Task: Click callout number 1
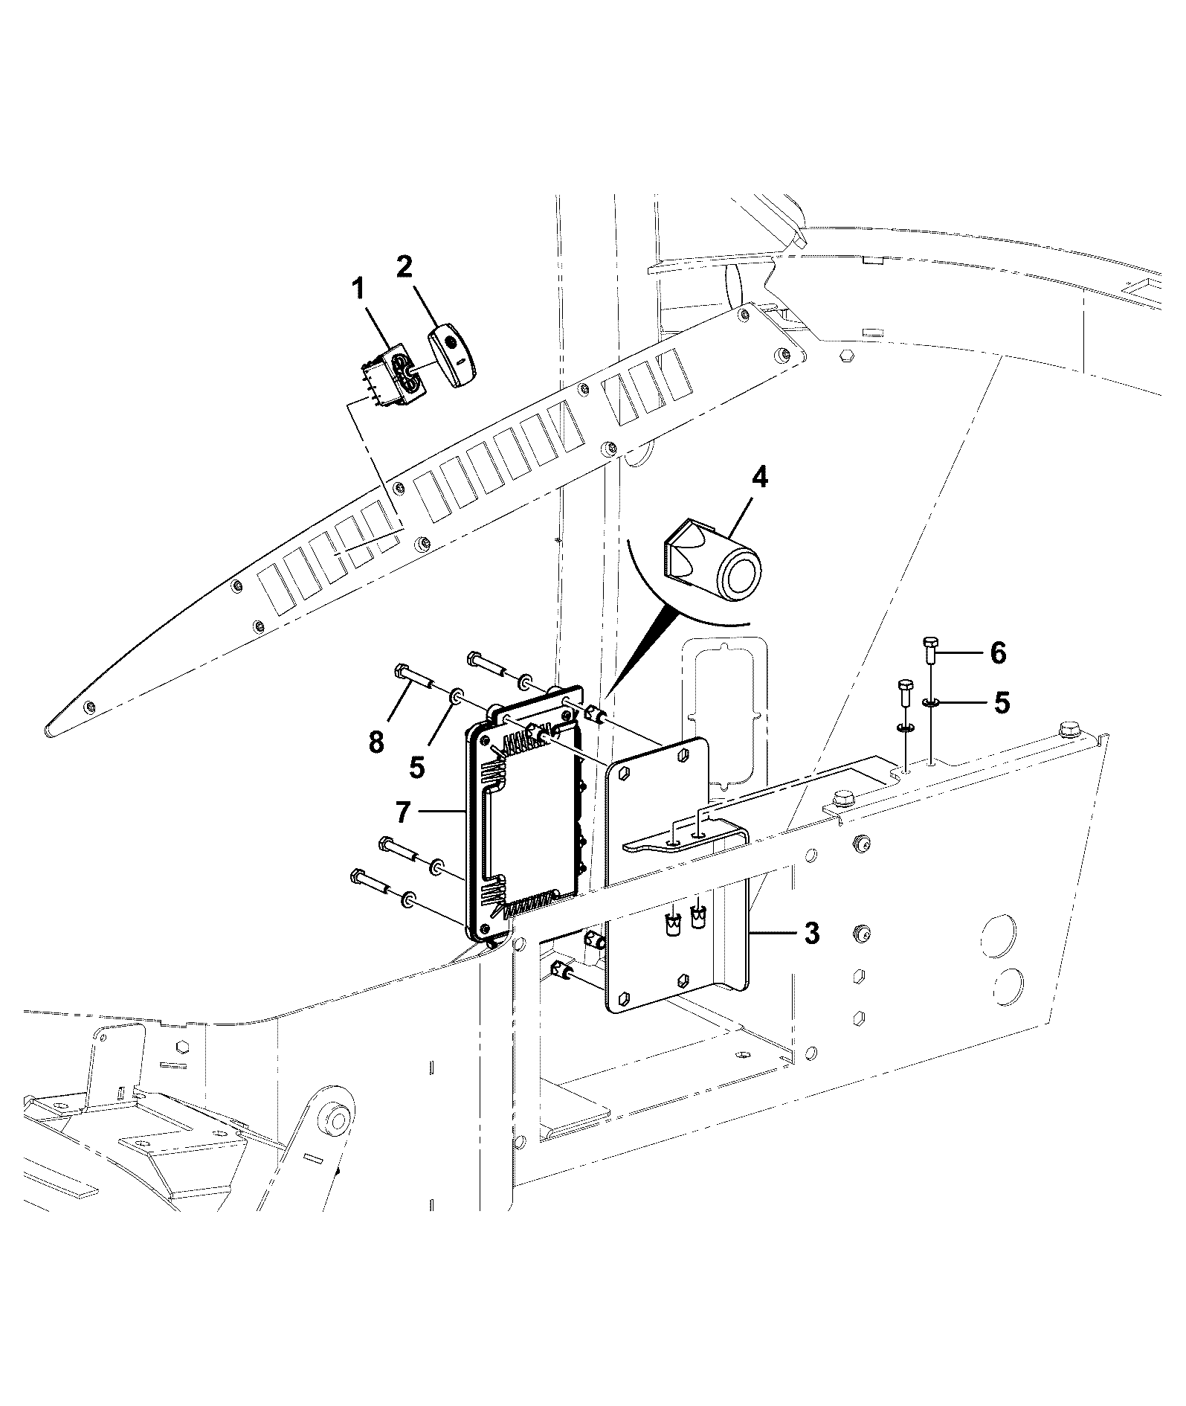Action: (x=358, y=289)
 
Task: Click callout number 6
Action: (x=997, y=653)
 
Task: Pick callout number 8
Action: (x=376, y=741)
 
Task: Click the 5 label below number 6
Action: (x=1002, y=703)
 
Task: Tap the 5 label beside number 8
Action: (x=417, y=767)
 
